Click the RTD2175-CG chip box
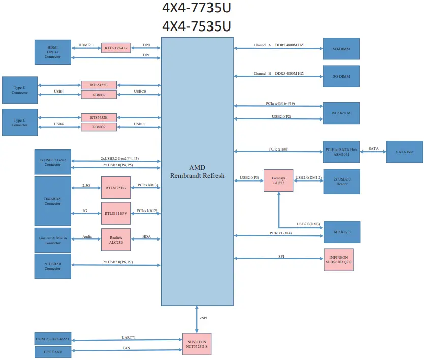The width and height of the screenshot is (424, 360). click(x=116, y=48)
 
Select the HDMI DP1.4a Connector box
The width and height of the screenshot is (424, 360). click(x=53, y=52)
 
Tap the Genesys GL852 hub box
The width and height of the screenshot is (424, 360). click(x=279, y=181)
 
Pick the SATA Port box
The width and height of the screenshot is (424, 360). click(x=405, y=152)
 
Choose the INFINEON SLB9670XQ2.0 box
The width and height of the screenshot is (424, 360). click(x=339, y=259)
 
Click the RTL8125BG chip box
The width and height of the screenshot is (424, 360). click(x=115, y=188)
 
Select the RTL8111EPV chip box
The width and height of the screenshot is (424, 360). click(x=115, y=212)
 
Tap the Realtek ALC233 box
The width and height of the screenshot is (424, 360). click(x=115, y=239)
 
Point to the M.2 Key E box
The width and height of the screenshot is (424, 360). click(x=342, y=232)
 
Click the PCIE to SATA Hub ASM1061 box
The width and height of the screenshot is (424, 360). click(x=342, y=152)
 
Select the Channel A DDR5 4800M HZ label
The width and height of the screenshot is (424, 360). click(x=279, y=45)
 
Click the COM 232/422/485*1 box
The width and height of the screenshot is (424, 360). click(x=53, y=339)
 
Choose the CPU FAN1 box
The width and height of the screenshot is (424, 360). click(x=53, y=351)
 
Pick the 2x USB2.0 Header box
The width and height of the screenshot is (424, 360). click(x=342, y=181)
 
